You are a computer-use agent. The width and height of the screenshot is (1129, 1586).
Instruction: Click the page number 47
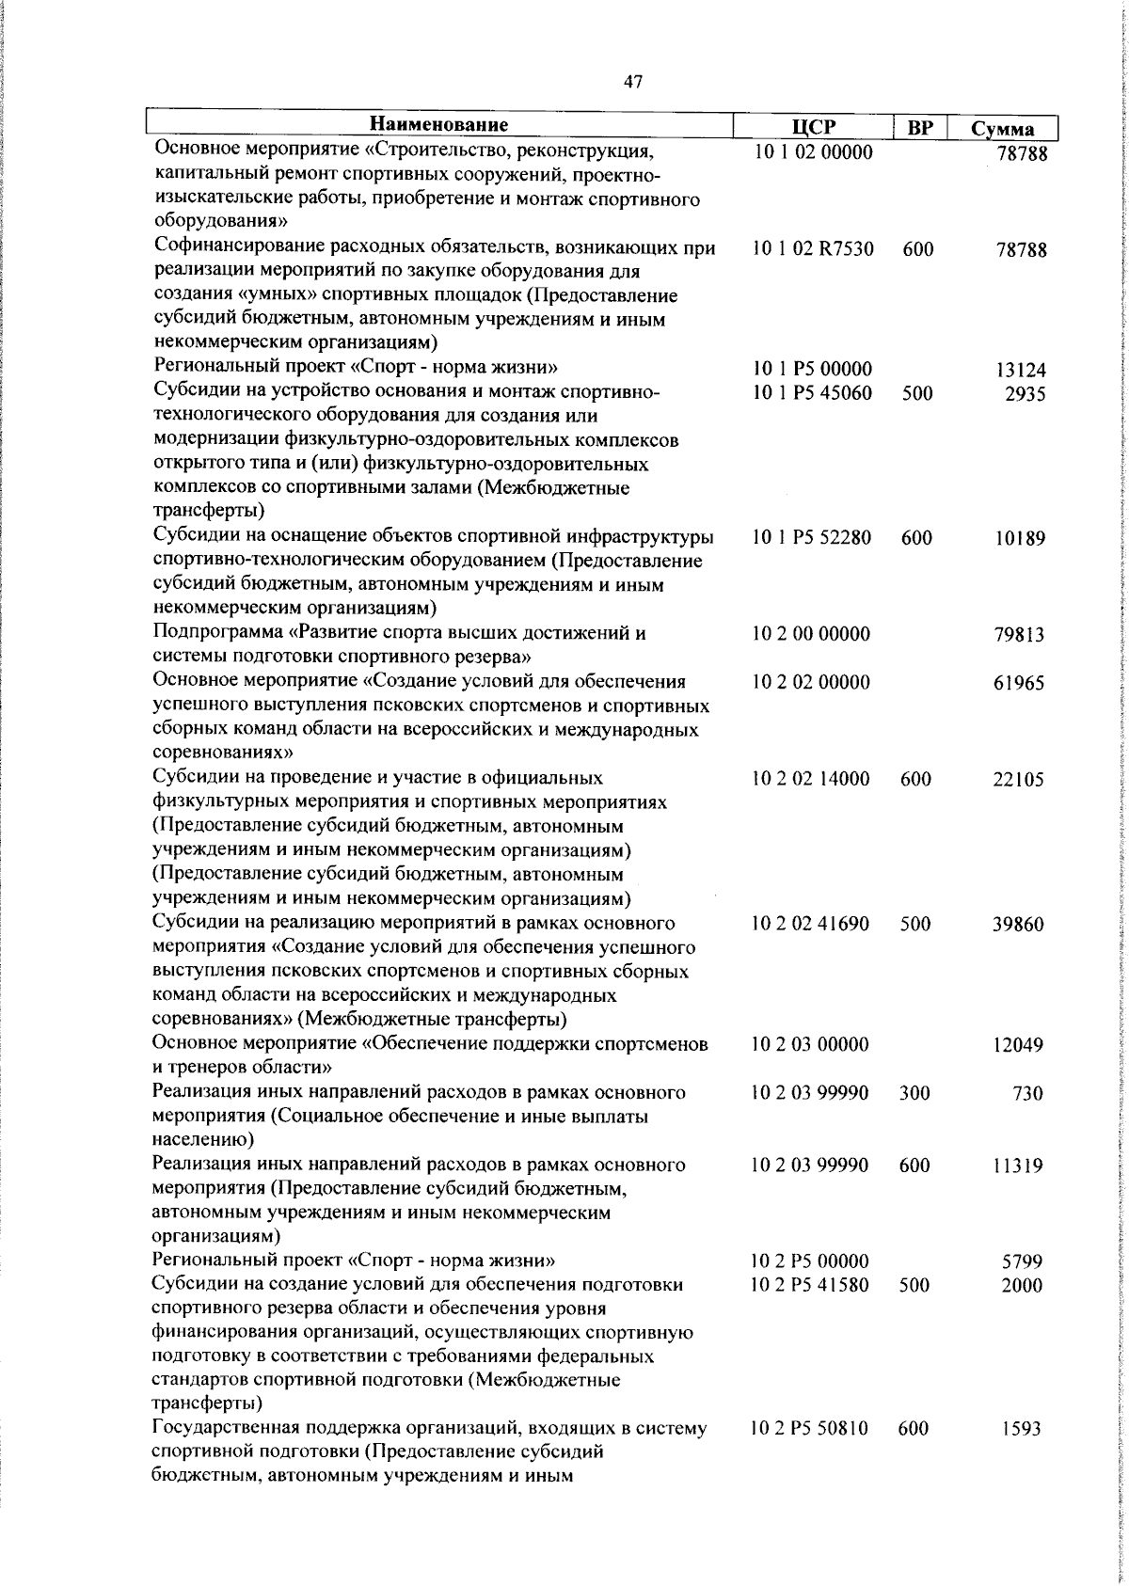633,82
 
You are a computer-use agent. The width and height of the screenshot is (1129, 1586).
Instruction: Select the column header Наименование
438,125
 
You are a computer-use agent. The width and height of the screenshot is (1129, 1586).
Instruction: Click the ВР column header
918,128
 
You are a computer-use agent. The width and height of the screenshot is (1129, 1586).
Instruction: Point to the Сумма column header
1002,130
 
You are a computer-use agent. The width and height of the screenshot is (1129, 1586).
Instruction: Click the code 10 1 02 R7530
813,249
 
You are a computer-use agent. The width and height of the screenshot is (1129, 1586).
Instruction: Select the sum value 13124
1021,371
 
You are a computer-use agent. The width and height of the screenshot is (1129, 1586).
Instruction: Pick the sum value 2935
1025,394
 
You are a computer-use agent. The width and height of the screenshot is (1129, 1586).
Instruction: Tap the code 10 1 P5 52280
813,538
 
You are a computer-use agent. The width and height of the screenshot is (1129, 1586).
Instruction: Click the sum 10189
1020,539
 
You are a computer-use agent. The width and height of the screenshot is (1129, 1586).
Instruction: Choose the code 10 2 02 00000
811,682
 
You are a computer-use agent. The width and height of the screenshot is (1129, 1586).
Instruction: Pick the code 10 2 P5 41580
810,1285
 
